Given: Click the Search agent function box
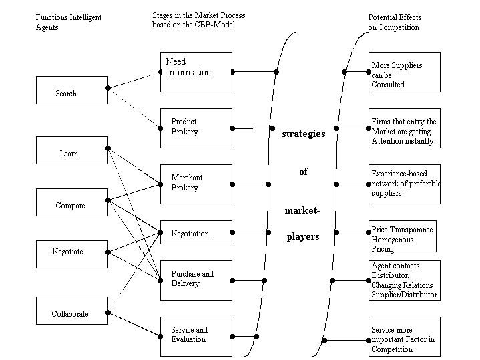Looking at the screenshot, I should (71, 90).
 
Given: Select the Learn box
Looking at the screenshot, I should (71, 150).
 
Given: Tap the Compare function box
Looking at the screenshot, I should (71, 202).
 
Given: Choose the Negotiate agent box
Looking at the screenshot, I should (71, 254).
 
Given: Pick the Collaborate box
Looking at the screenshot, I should (71, 311).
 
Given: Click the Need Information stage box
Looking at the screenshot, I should (196, 71).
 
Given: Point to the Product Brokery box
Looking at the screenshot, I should (196, 128).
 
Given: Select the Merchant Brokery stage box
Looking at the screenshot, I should (196, 184).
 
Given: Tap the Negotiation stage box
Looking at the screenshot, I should (196, 234).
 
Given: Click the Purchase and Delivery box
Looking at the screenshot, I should (196, 280).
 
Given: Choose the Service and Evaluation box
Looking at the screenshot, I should (196, 336).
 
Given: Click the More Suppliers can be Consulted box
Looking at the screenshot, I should (405, 71).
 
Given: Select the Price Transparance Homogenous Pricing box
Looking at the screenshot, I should (403, 236).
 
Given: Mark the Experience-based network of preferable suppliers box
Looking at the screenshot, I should (405, 184).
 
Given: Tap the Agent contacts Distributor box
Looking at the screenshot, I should (405, 280).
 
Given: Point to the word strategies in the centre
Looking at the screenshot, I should (304, 134).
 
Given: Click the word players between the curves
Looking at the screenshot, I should (303, 236).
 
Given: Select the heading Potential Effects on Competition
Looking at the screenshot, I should (395, 22).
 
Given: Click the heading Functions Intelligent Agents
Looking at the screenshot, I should (68, 22).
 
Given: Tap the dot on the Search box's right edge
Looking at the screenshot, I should (108, 87).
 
